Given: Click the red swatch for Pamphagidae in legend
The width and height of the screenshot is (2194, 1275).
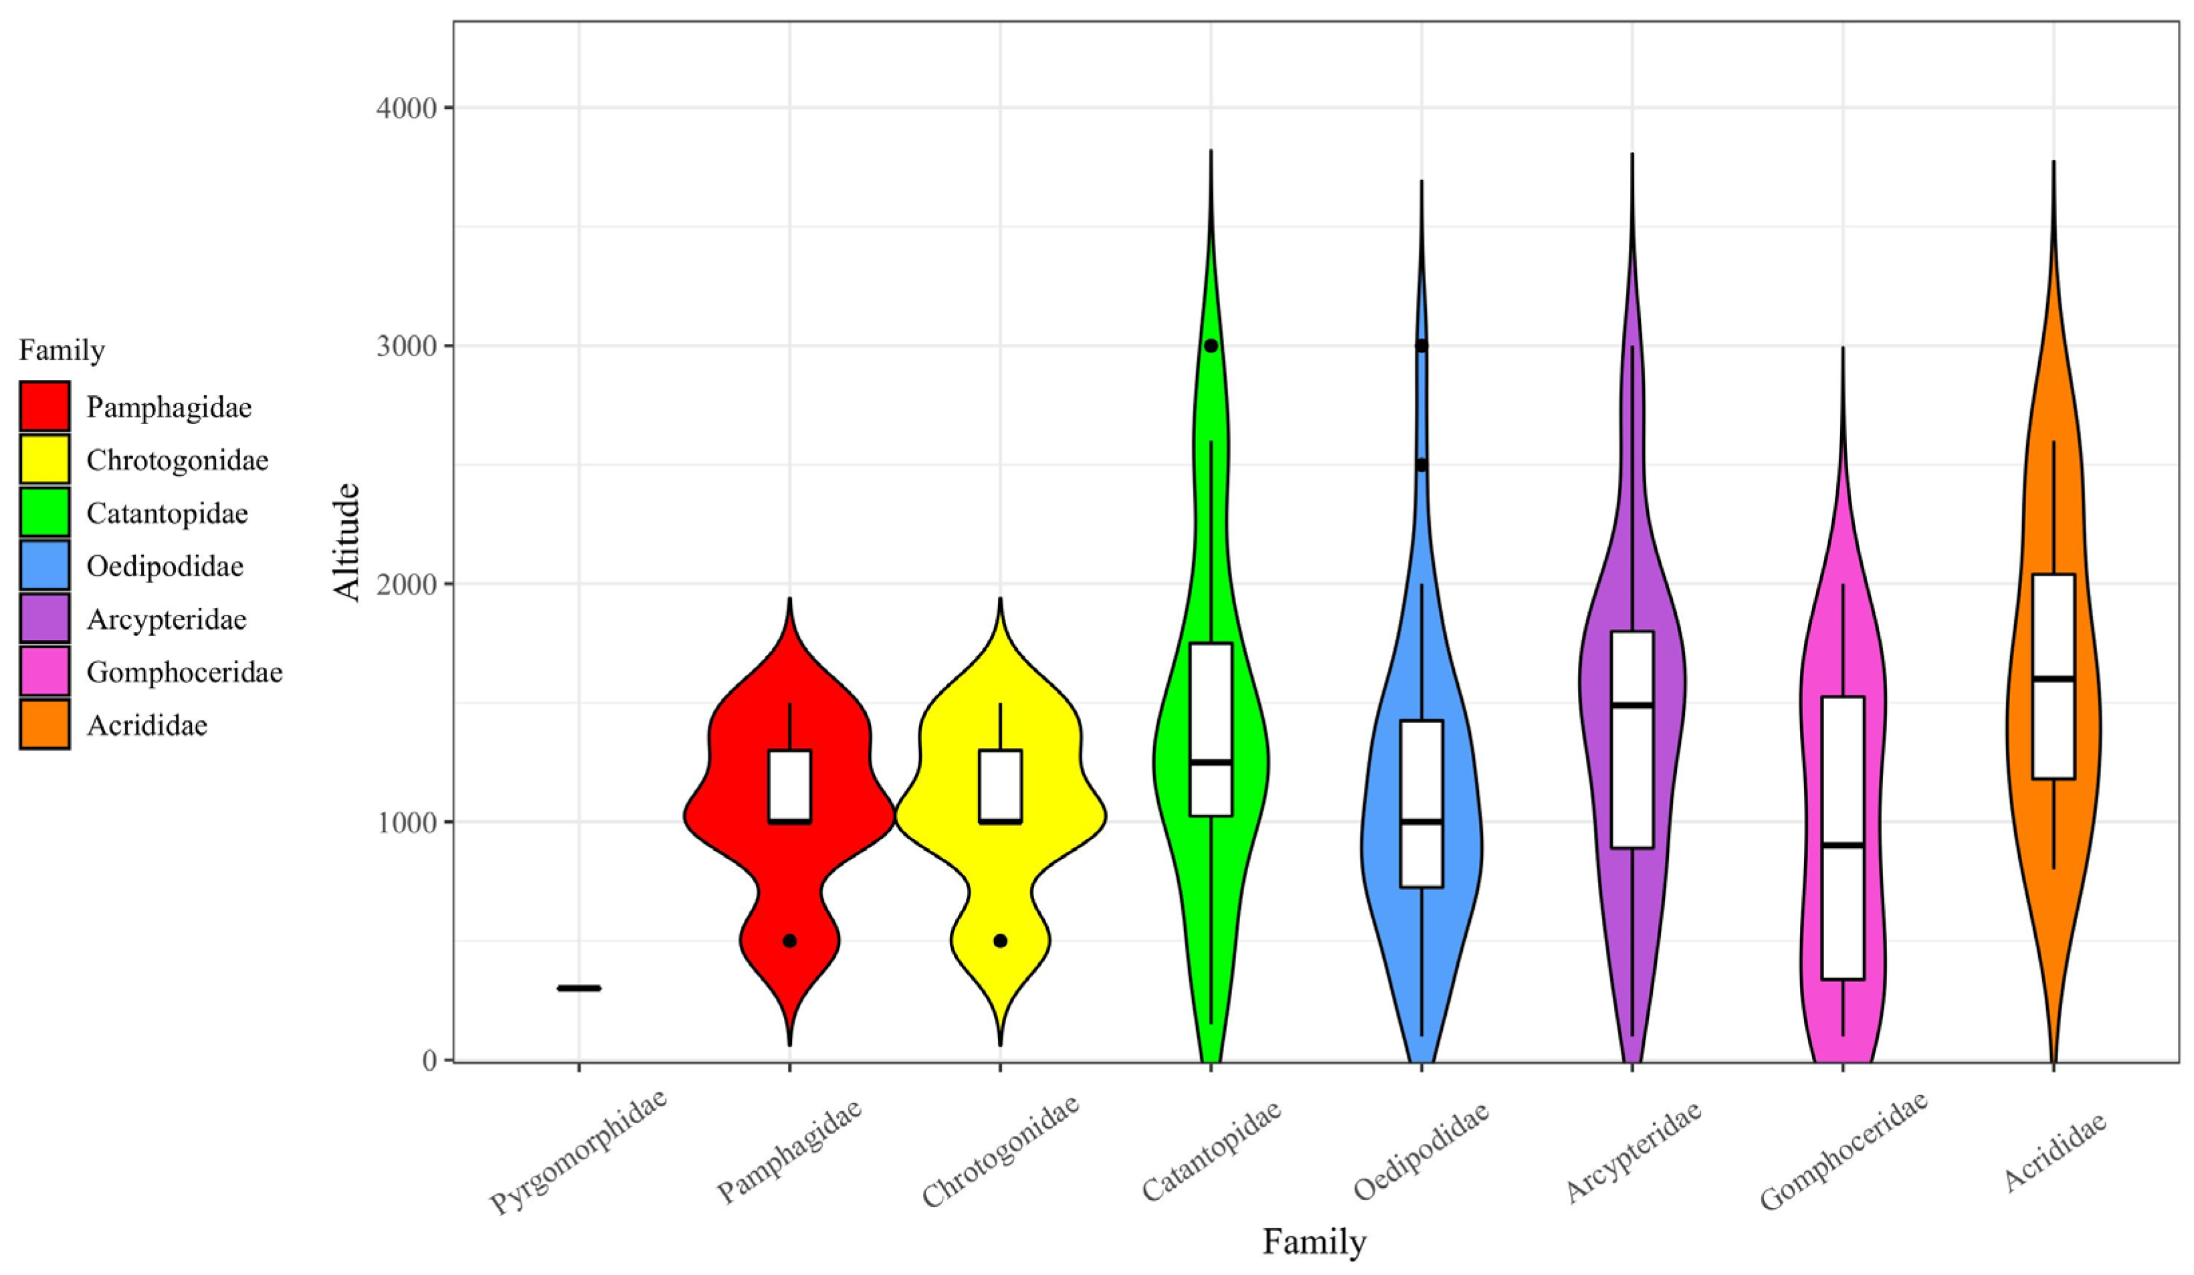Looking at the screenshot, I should click(x=44, y=407).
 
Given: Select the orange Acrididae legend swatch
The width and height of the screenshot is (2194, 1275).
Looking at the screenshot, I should click(x=44, y=724).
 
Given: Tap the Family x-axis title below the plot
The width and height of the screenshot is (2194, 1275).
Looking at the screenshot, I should click(x=1314, y=1242).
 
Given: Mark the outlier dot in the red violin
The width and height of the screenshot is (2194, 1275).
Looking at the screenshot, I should click(x=790, y=941).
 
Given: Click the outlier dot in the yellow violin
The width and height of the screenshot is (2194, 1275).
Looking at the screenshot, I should click(x=1001, y=941).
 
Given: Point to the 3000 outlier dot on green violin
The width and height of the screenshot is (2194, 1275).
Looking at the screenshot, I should click(x=1211, y=346).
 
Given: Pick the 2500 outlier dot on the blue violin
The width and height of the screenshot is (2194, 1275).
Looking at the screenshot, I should click(x=1421, y=464).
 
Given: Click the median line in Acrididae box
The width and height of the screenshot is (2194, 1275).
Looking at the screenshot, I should click(x=2054, y=678).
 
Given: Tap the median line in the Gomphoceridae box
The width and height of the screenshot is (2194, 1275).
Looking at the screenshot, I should click(x=1843, y=845).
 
